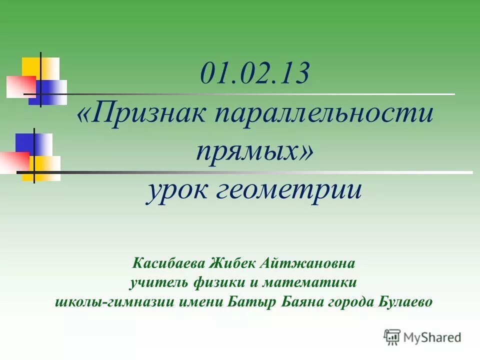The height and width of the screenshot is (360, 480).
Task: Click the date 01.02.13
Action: [x=254, y=74]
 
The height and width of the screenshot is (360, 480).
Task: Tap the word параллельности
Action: [x=324, y=114]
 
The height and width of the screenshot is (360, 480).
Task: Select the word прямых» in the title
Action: [x=255, y=150]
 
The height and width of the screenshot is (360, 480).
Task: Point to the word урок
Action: [x=175, y=190]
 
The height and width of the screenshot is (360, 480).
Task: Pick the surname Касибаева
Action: [x=169, y=262]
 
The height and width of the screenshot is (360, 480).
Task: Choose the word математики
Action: [x=311, y=282]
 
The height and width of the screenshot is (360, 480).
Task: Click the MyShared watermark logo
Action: [x=422, y=337]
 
